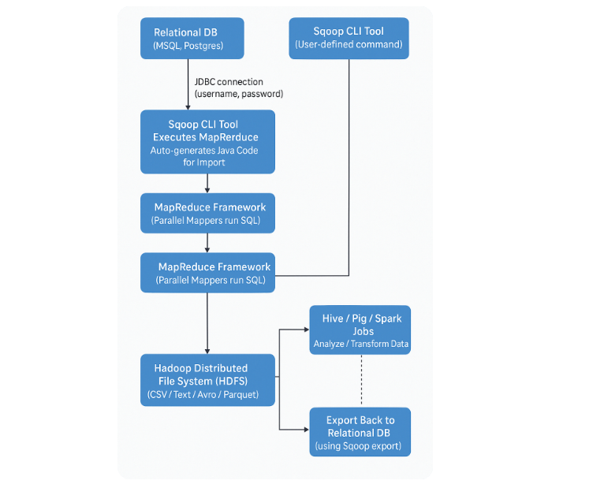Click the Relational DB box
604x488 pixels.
click(192, 39)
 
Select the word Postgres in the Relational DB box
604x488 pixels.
click(205, 47)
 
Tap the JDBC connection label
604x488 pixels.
click(229, 81)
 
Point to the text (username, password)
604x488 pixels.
click(239, 94)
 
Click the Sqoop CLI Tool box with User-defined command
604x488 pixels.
click(349, 38)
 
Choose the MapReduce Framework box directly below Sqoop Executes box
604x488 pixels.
click(208, 214)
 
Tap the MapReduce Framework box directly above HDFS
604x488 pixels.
click(208, 273)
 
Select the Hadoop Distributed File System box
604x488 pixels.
click(208, 380)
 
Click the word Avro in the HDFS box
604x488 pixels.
click(207, 394)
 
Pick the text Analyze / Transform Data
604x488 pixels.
click(361, 345)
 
